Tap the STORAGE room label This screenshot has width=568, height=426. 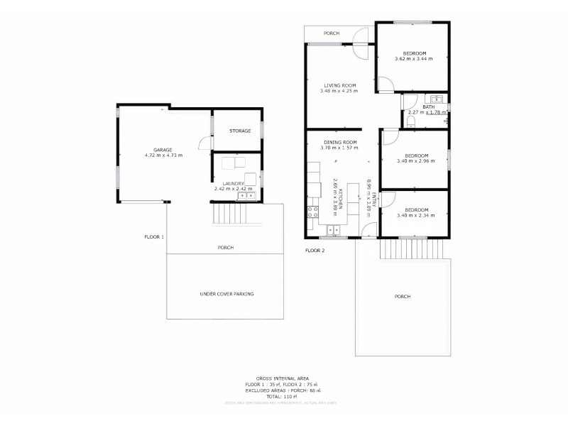tap(239, 131)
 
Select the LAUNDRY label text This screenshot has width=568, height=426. tap(235, 184)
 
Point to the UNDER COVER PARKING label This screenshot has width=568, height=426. tap(226, 293)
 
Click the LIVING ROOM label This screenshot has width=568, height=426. tap(339, 85)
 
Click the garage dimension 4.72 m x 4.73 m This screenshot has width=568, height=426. tap(163, 155)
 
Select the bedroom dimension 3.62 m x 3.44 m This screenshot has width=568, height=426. tap(414, 59)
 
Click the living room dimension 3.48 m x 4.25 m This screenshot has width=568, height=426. tap(339, 91)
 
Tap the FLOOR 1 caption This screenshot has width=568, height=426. tap(154, 236)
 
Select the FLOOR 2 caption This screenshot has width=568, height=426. tap(315, 251)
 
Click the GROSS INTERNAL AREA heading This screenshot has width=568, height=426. tap(282, 378)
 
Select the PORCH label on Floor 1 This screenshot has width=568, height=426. tap(225, 247)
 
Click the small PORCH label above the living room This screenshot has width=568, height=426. tap(331, 33)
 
